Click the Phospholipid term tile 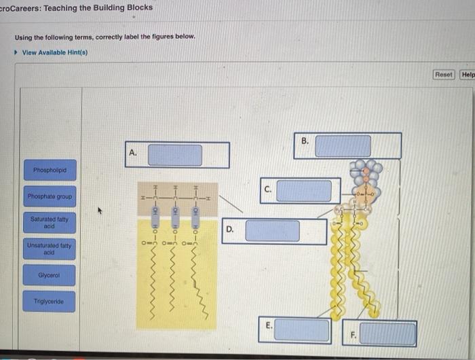50,168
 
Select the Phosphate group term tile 50,196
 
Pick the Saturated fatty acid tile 50,222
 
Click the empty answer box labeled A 175,155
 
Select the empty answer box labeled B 343,146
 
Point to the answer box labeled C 303,191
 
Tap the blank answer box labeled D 271,231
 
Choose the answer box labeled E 303,330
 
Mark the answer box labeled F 387,334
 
